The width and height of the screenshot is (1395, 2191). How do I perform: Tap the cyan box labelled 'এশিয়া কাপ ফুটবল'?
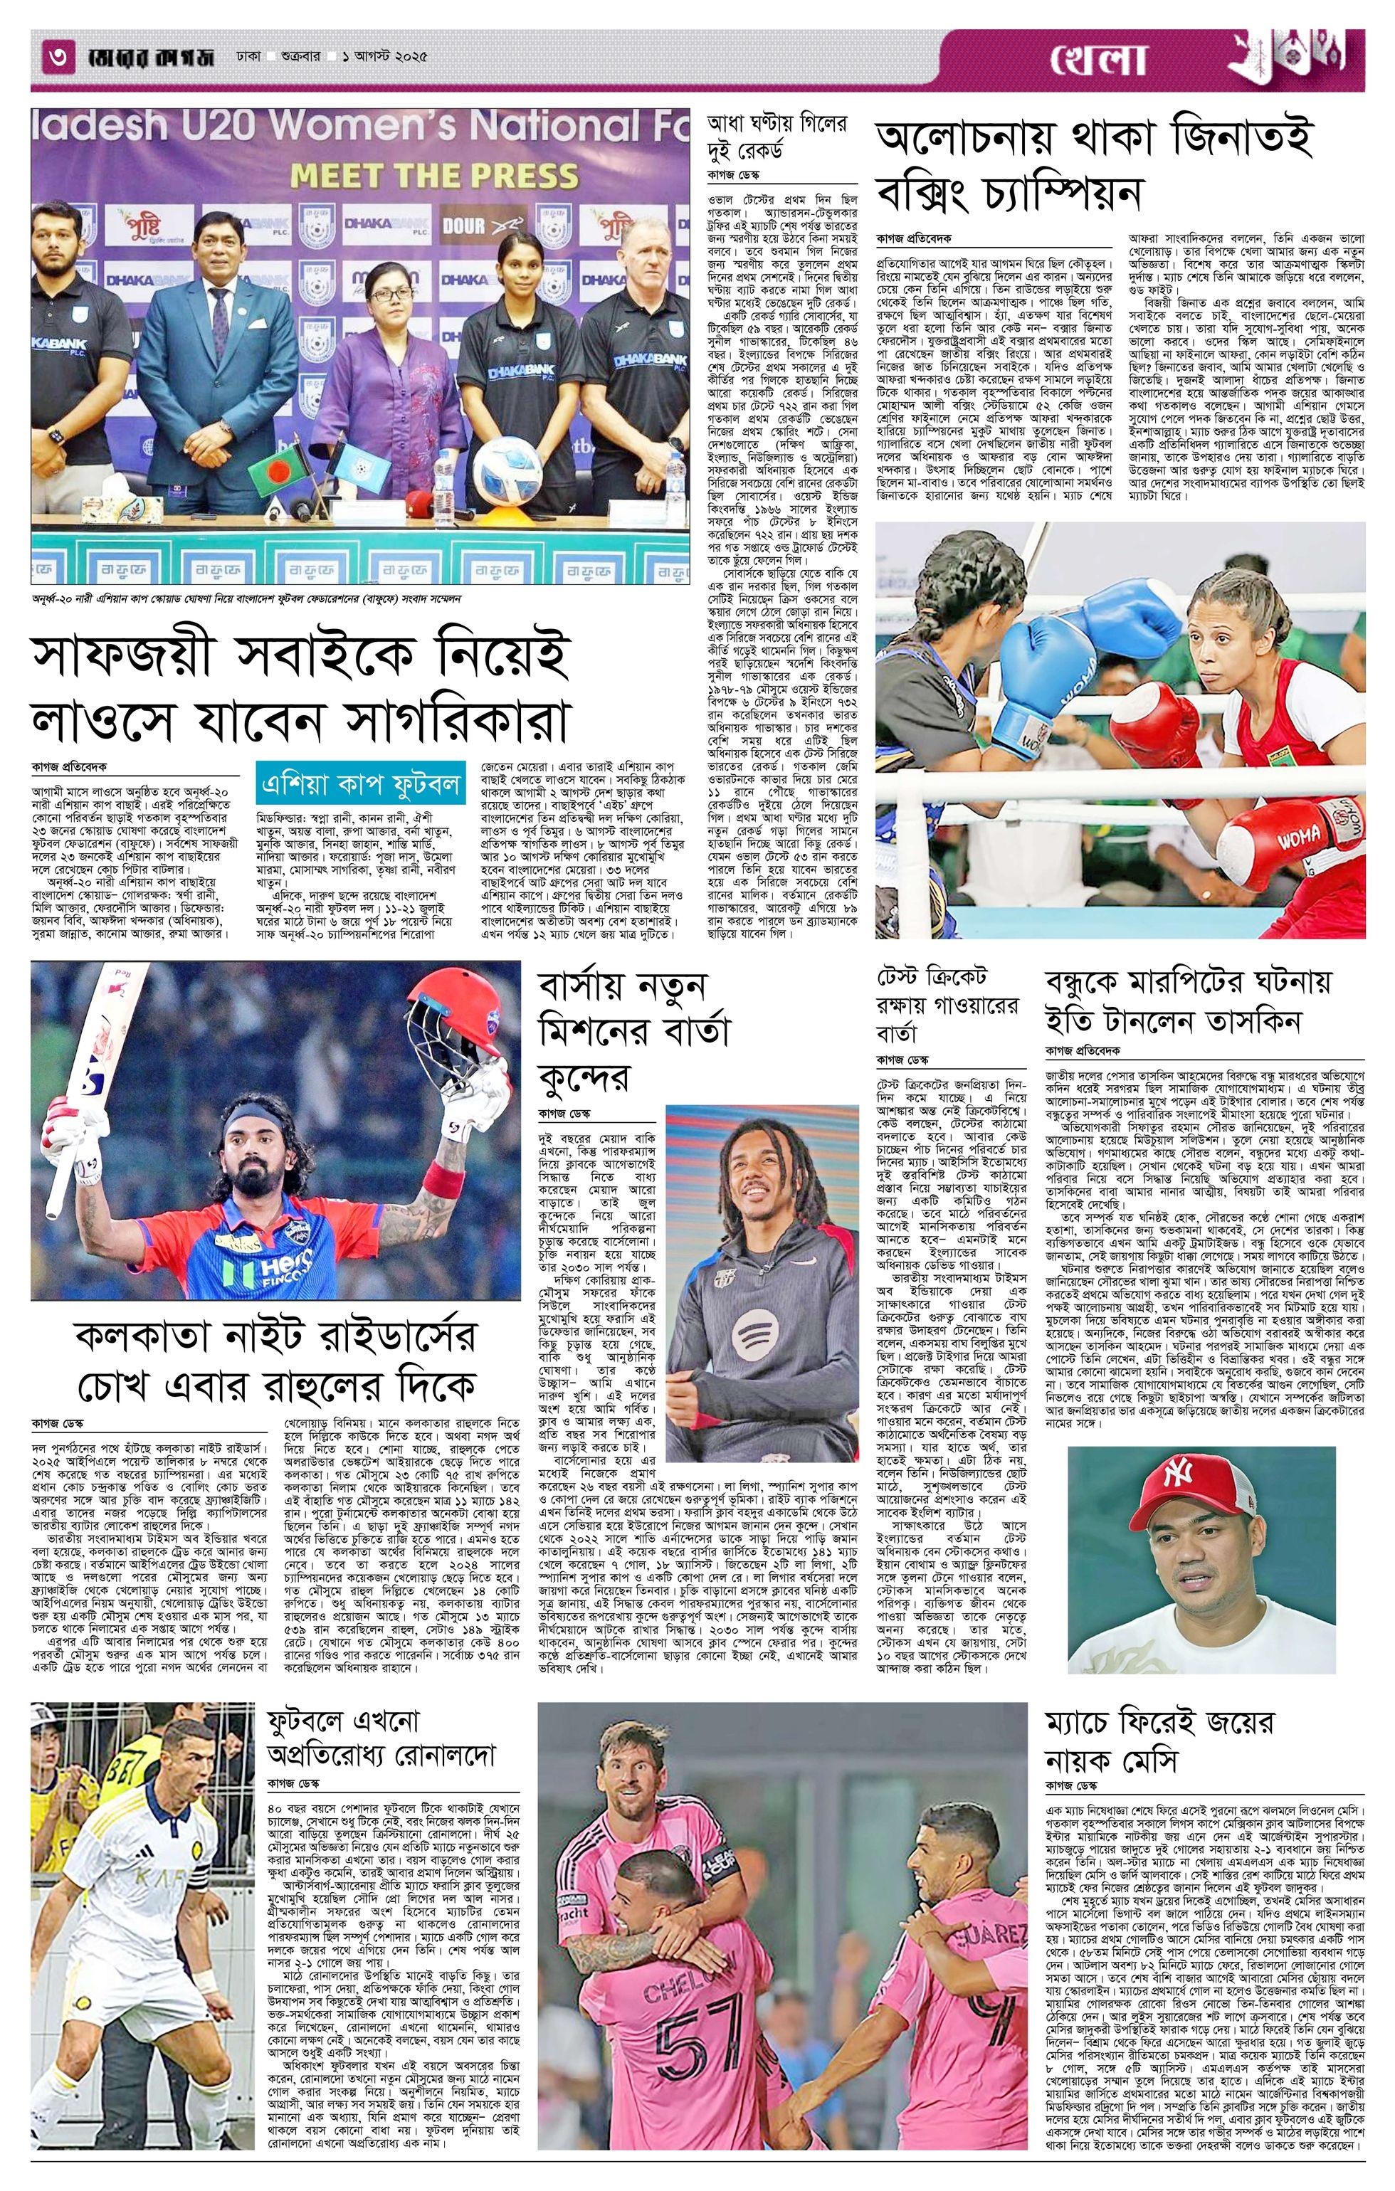362,783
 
